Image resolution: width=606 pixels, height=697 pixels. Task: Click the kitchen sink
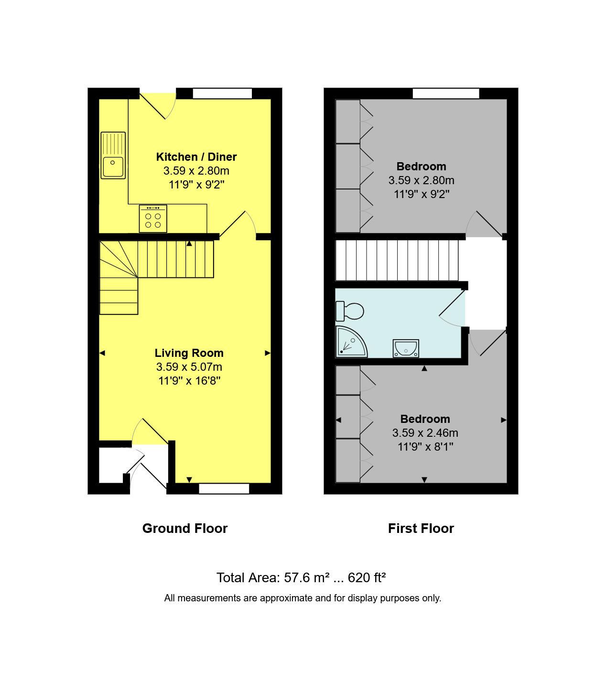tap(113, 155)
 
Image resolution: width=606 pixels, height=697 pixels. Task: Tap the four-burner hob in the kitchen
tap(153, 218)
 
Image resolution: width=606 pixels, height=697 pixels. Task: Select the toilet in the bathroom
tap(349, 311)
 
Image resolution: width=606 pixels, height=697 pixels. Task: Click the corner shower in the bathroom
tap(351, 342)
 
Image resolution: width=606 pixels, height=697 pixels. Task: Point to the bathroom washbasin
tap(406, 348)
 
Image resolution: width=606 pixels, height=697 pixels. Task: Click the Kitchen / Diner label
tap(196, 157)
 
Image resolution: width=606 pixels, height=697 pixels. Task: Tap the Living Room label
tap(189, 353)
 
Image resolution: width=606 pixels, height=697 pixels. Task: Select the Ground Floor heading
tap(185, 528)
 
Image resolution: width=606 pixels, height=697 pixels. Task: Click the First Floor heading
tap(421, 528)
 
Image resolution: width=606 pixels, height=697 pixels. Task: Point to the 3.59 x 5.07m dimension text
tap(189, 367)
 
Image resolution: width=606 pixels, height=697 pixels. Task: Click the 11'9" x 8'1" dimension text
tap(425, 446)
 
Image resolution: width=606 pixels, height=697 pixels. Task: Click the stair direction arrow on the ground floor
tap(189, 243)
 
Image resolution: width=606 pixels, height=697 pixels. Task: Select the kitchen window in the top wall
tap(222, 94)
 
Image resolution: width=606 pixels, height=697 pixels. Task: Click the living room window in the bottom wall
tap(224, 488)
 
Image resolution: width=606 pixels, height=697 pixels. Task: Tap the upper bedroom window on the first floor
tap(446, 93)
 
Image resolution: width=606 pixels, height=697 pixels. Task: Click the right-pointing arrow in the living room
tap(268, 353)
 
